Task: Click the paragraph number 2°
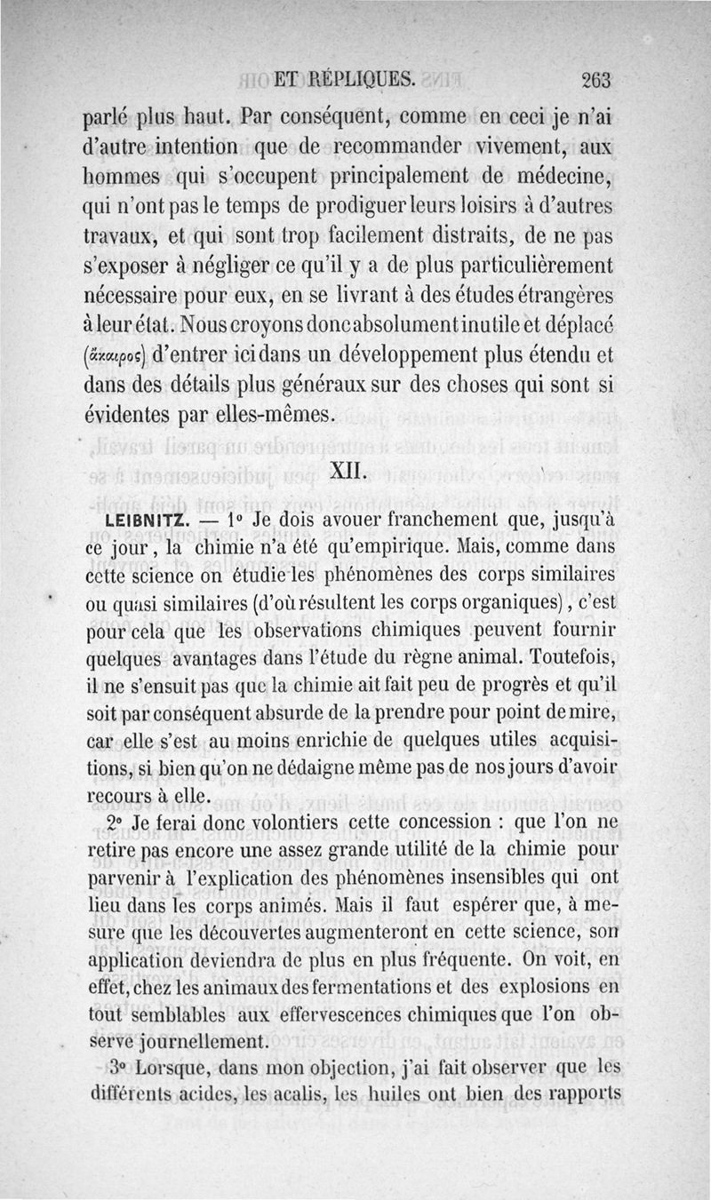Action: (x=114, y=822)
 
